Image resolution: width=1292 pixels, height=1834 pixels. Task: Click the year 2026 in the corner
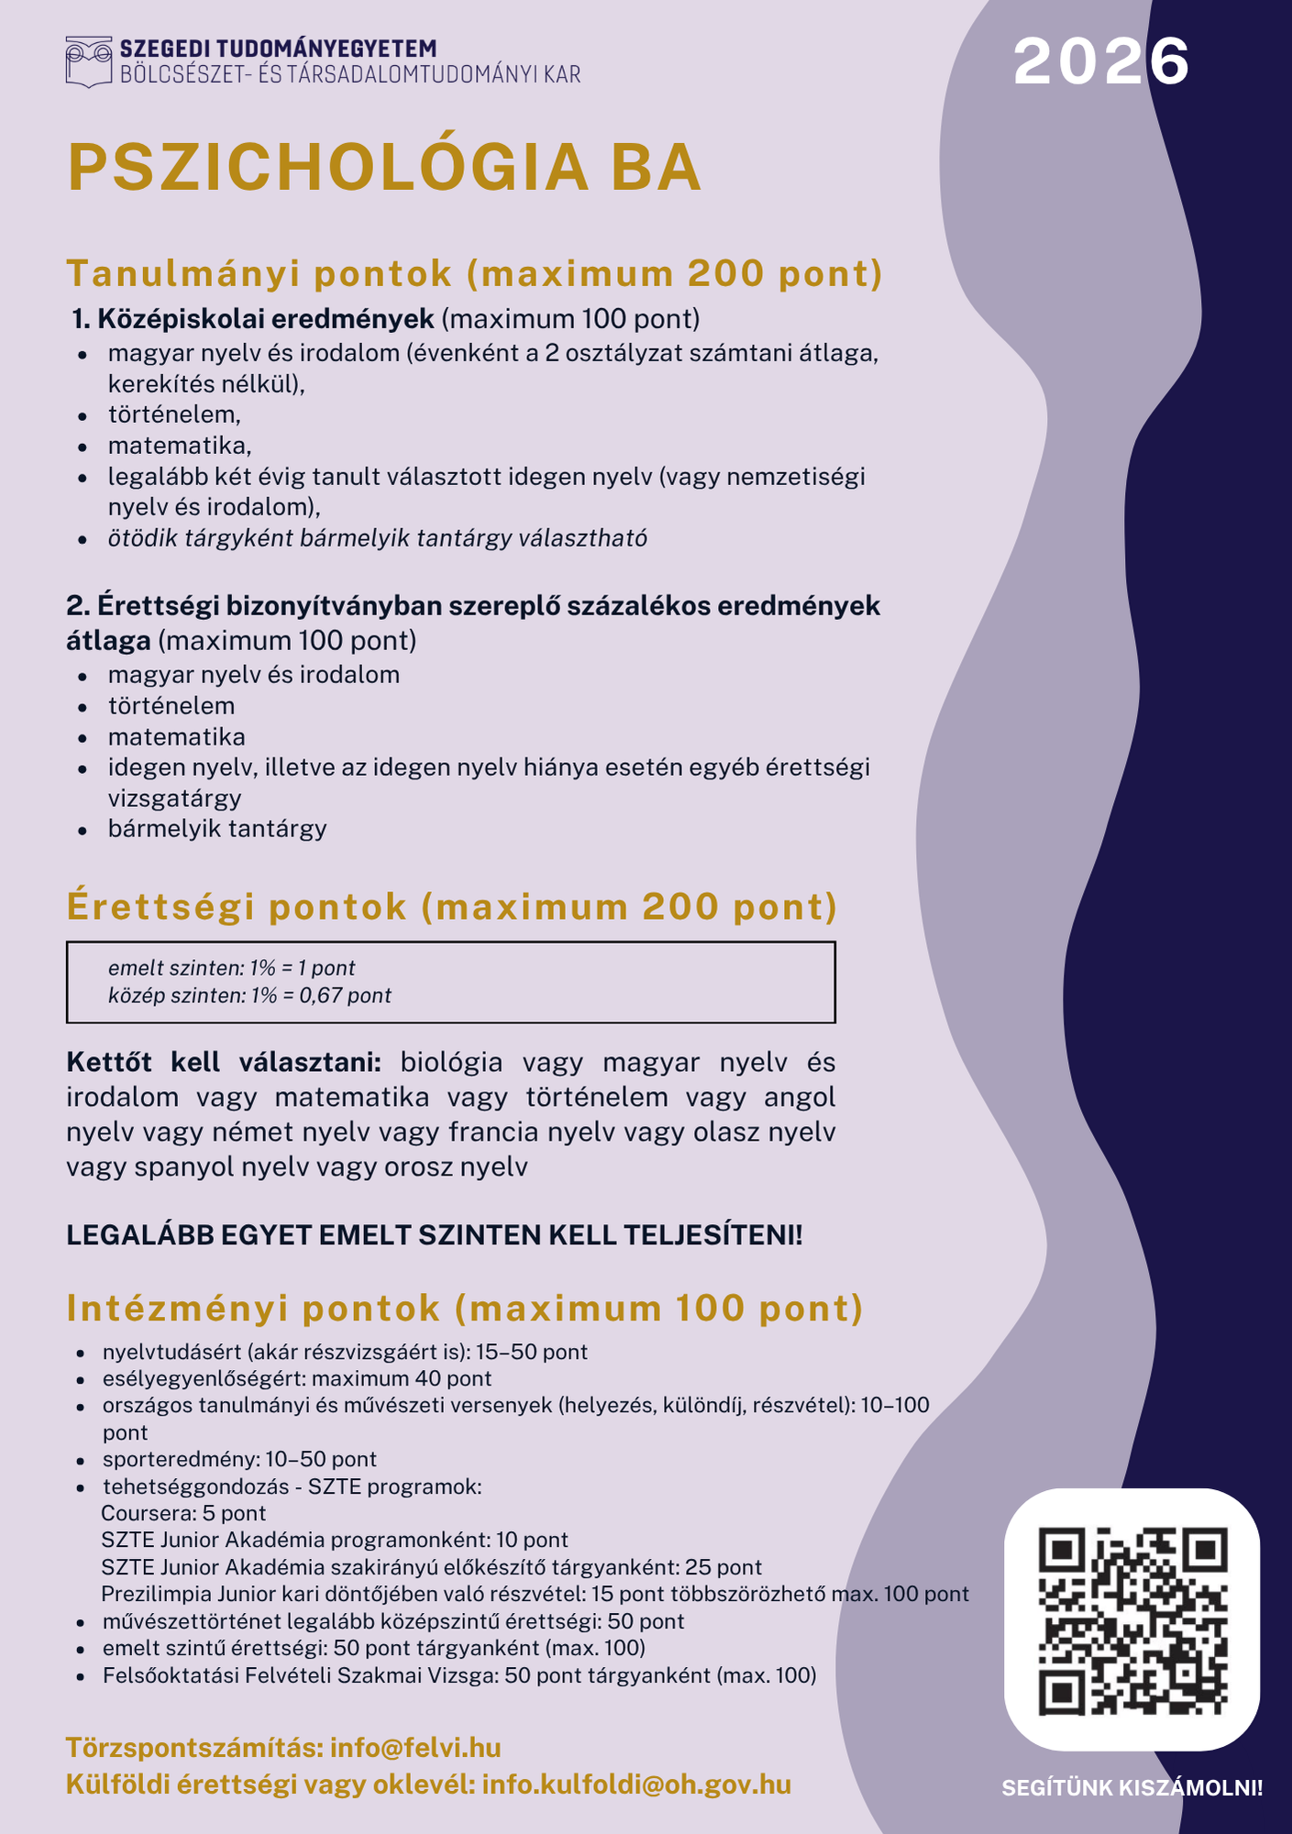click(x=1100, y=62)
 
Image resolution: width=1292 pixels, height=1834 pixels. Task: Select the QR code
click(x=1132, y=1620)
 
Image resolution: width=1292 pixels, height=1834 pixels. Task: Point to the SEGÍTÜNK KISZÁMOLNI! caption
click(x=1132, y=1788)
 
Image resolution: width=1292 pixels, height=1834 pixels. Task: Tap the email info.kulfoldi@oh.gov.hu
click(x=635, y=1784)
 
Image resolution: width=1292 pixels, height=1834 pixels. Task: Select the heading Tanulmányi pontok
click(x=260, y=273)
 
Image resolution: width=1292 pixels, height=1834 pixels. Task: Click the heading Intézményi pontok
click(x=254, y=1309)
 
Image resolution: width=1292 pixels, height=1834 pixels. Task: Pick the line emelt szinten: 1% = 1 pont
click(x=231, y=968)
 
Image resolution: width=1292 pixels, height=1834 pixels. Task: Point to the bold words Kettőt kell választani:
click(x=223, y=1063)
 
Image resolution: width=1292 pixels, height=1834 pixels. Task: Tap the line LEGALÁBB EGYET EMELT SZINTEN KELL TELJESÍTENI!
click(x=434, y=1235)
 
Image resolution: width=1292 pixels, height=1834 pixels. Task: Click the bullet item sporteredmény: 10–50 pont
click(x=239, y=1459)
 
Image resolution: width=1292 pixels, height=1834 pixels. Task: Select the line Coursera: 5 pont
click(x=183, y=1513)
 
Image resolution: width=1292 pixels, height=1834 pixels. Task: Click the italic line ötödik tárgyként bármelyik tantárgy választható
click(x=377, y=538)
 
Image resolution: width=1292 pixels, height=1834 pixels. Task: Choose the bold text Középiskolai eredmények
click(x=265, y=319)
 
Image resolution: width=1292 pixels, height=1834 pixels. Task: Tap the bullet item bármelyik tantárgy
click(x=217, y=829)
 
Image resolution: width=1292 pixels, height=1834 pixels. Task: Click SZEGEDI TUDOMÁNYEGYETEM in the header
click(x=278, y=49)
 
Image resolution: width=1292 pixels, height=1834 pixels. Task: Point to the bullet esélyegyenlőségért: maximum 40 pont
click(x=297, y=1378)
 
